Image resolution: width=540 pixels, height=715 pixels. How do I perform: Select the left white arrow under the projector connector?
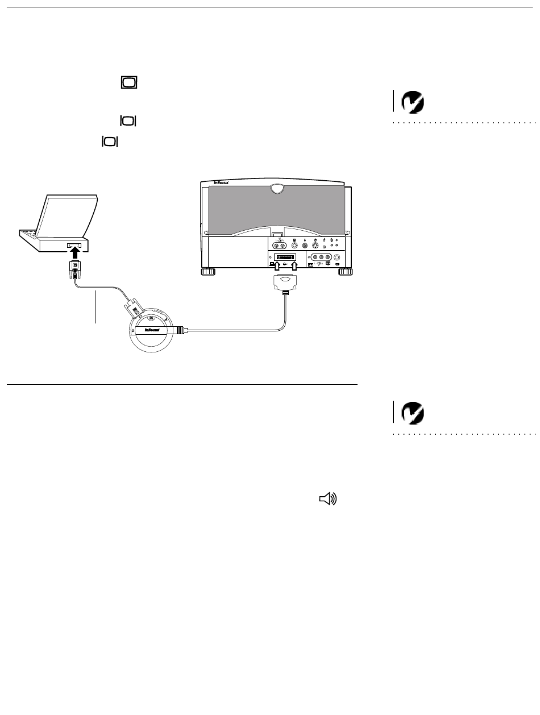tap(278, 267)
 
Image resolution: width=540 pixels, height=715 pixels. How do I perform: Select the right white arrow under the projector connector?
tap(294, 267)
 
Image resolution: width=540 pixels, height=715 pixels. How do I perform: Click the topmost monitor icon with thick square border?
tap(128, 83)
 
